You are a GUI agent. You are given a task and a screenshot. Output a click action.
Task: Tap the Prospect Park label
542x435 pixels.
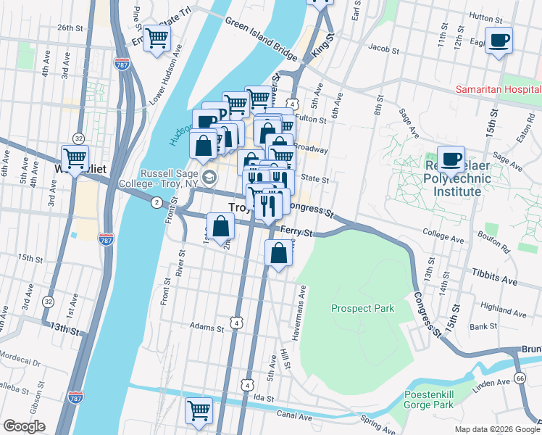coord(362,308)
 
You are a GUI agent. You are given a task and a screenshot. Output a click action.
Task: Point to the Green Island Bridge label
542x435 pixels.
coord(261,39)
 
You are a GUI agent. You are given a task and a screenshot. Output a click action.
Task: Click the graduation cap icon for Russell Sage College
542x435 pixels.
coord(209,177)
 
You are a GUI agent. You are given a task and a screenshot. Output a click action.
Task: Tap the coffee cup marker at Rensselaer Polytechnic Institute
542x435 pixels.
coord(451,160)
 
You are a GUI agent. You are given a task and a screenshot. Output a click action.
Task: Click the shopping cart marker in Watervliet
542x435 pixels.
coord(75,157)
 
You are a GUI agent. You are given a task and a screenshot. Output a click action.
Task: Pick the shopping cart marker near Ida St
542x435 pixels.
coord(199,411)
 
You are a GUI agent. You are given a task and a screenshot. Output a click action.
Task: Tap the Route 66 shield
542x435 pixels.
coord(520,378)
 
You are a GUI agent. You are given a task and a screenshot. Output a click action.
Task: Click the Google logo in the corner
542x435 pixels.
coord(25,426)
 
